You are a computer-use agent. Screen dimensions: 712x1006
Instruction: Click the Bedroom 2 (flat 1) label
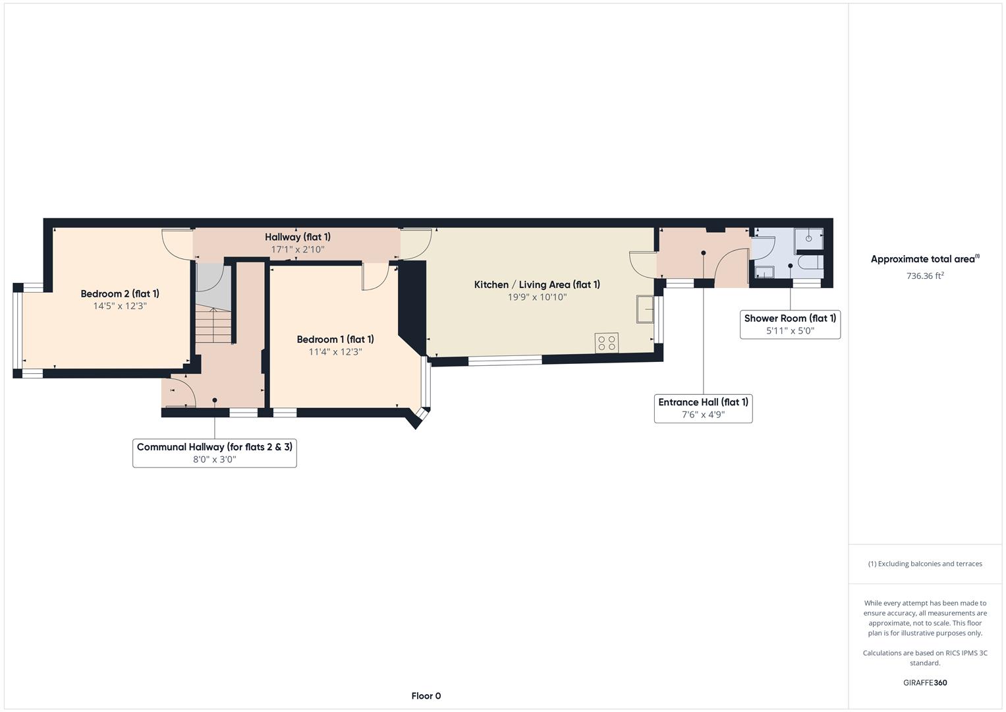[120, 294]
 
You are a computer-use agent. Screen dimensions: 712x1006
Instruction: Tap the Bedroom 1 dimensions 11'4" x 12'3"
[335, 352]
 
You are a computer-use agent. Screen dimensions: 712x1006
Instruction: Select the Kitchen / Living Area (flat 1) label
[537, 285]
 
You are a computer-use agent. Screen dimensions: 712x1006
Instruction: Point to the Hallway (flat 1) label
[298, 237]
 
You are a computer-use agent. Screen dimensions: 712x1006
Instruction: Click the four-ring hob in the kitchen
[606, 343]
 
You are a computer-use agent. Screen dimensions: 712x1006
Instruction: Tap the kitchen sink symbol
[644, 309]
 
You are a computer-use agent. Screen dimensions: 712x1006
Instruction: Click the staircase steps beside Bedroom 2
[213, 326]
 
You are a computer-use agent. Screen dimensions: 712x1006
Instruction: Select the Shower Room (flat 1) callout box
[790, 324]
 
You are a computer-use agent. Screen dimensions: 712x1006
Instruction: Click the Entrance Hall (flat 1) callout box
[703, 408]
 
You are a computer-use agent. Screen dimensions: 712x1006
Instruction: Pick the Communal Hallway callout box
[214, 453]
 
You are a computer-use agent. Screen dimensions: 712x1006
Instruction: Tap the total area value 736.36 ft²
[925, 276]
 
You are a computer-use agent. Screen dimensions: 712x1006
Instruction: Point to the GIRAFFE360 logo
[925, 683]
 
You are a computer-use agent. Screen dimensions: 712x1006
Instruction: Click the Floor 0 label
[426, 696]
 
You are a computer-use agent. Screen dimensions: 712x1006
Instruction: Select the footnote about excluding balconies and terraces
[925, 564]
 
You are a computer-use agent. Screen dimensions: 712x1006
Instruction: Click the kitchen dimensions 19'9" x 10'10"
[537, 297]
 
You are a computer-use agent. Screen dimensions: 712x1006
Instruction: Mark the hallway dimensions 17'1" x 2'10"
[298, 250]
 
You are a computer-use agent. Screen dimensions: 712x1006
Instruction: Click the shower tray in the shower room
[809, 240]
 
